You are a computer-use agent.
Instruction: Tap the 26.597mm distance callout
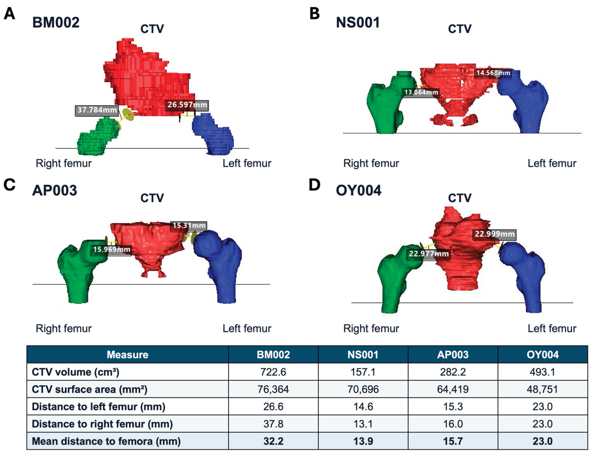pyautogui.click(x=187, y=105)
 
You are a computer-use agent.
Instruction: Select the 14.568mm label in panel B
pyautogui.click(x=493, y=73)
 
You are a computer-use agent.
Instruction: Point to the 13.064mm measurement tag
pyautogui.click(x=421, y=92)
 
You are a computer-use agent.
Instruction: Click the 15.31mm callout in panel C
pyautogui.click(x=189, y=226)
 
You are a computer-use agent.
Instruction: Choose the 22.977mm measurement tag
pyautogui.click(x=429, y=254)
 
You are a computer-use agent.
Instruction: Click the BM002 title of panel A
pyautogui.click(x=56, y=22)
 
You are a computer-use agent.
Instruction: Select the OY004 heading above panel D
pyautogui.click(x=359, y=190)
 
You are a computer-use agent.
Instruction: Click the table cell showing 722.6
pyautogui.click(x=273, y=372)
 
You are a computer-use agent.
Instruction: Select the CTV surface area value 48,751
pyautogui.click(x=542, y=389)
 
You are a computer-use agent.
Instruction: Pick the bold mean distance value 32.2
pyautogui.click(x=273, y=441)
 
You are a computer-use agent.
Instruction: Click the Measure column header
pyautogui.click(x=127, y=355)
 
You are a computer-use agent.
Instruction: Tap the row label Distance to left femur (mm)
pyautogui.click(x=98, y=407)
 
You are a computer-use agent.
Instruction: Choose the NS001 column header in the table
pyautogui.click(x=363, y=355)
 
